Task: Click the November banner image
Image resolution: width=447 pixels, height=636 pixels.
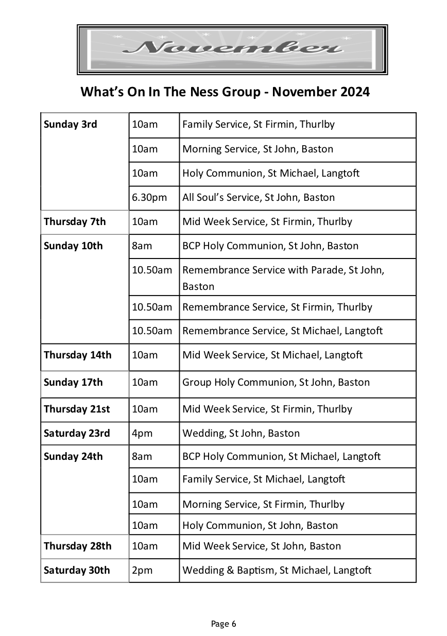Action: [x=232, y=49]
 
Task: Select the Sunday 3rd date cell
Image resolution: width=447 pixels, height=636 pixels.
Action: [x=71, y=125]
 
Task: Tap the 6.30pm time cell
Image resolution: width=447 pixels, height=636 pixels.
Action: [x=149, y=198]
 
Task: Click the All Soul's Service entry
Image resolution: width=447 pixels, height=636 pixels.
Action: [x=258, y=198]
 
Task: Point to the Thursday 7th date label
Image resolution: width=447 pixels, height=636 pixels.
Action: [x=75, y=222]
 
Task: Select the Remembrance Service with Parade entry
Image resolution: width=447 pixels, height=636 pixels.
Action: [x=283, y=277]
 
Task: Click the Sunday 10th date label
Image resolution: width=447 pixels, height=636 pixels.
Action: [x=73, y=246]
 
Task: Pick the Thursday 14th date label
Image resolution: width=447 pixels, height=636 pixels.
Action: [x=77, y=355]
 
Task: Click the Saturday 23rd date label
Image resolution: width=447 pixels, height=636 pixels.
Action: [x=77, y=434]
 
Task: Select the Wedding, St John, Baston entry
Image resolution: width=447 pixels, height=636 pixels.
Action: [x=240, y=434]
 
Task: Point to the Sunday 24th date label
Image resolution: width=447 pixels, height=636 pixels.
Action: [x=73, y=457]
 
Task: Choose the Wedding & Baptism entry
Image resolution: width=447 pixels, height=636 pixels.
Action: [x=277, y=571]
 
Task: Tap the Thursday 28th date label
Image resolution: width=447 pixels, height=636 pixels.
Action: [x=77, y=546]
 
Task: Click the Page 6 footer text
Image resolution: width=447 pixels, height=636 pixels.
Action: [x=223, y=624]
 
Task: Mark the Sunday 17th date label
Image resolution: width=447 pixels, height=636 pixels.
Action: [x=73, y=383]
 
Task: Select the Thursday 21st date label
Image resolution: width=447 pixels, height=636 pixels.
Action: [x=77, y=409]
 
